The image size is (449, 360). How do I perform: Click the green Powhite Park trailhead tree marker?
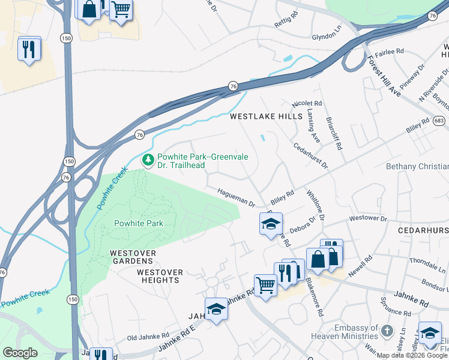pos(148,160)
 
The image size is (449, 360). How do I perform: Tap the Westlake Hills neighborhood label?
pos(266,117)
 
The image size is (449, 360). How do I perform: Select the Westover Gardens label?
pos(133,257)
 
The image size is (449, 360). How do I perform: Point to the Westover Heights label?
pos(160,277)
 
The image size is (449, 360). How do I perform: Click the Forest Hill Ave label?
pos(384,74)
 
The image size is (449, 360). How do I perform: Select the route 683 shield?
pos(441,121)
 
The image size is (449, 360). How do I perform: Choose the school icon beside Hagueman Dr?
pos(271,223)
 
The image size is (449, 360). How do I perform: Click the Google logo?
pos(20,353)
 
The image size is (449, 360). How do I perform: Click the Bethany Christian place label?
pos(417,166)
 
